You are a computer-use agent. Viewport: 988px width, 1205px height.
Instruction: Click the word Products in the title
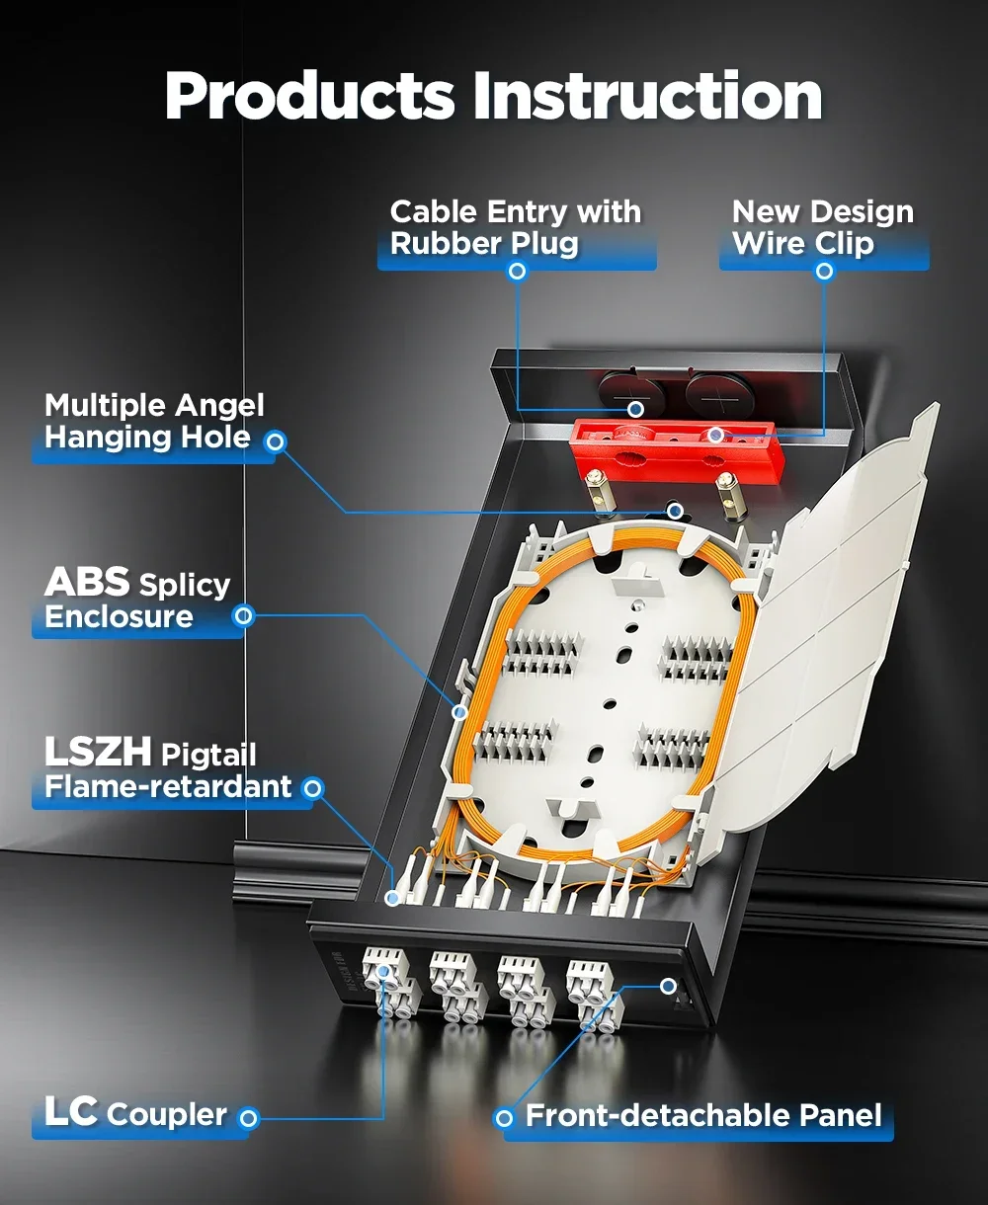pyautogui.click(x=309, y=98)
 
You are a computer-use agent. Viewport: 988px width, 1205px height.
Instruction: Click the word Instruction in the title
pyautogui.click(x=647, y=96)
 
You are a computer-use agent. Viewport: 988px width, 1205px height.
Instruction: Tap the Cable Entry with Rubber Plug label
pyautogui.click(x=515, y=228)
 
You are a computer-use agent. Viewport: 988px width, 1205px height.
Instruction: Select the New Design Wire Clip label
pyautogui.click(x=822, y=228)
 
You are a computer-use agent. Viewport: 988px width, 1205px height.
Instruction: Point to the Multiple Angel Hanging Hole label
pyautogui.click(x=154, y=422)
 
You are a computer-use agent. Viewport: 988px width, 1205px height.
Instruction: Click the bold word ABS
pyautogui.click(x=87, y=583)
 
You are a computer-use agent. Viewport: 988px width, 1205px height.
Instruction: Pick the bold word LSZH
pyautogui.click(x=98, y=754)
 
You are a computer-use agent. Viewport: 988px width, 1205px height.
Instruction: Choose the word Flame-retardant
pyautogui.click(x=168, y=787)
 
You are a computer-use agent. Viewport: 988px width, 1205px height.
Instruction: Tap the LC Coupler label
pyautogui.click(x=135, y=1113)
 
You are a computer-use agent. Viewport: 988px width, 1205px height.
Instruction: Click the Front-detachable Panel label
pyautogui.click(x=702, y=1116)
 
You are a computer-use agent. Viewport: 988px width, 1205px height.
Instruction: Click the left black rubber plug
pyautogui.click(x=628, y=393)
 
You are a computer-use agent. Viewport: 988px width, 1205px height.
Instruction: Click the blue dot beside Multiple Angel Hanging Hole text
pyautogui.click(x=276, y=442)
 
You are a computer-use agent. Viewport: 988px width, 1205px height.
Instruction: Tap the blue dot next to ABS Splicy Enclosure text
pyautogui.click(x=243, y=616)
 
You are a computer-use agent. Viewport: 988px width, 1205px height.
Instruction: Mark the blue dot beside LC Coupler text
pyautogui.click(x=249, y=1118)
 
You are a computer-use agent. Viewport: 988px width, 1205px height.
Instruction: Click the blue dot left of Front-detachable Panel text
pyautogui.click(x=505, y=1118)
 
